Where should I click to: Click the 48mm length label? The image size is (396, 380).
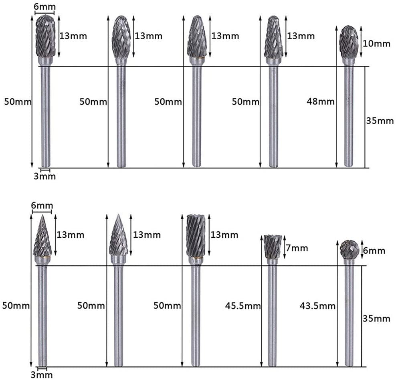321,102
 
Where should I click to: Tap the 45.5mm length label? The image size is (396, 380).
243,306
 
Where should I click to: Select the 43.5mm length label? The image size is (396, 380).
317,306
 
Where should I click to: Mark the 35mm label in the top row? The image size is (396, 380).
380,121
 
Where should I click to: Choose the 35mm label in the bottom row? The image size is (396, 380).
376,319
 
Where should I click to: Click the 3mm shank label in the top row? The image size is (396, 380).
44,176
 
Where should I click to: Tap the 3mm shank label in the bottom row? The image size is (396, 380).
42,375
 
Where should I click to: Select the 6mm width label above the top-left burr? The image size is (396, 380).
44,7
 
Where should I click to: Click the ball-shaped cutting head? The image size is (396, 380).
349,249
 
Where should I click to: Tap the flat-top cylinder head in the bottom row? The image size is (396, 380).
196,236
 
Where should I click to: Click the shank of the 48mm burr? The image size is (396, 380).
349,116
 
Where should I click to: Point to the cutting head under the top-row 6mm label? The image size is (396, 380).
45,36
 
